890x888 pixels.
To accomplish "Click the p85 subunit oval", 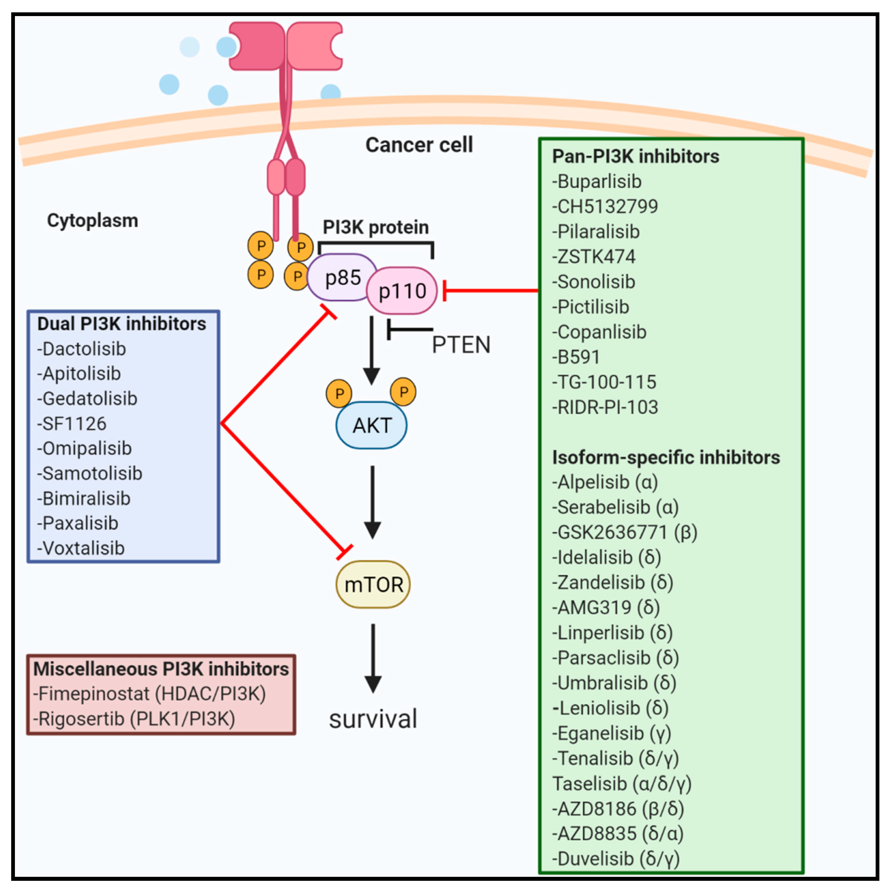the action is pos(341,277).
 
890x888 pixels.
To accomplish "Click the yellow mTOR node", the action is pos(373,584).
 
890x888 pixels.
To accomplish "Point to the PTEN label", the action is pos(461,345).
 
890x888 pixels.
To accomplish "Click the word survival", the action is pos(373,719).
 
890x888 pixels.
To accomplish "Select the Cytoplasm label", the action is pos(93,221).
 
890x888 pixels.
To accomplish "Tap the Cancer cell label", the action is pos(419,145).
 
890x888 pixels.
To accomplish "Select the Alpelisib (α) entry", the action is pos(605,483).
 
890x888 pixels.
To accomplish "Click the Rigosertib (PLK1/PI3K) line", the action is pos(134,719).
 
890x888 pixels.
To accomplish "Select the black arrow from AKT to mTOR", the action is pos(372,502).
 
